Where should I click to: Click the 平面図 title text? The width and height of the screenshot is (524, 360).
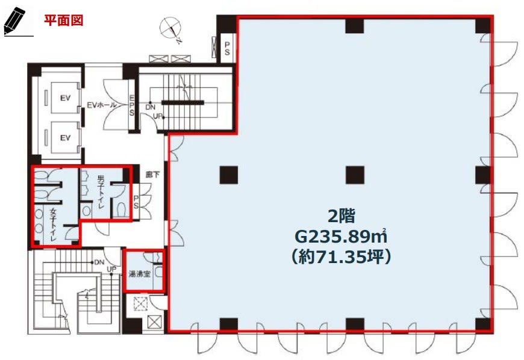tap(63, 20)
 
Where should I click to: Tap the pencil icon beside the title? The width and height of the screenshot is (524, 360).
tap(14, 20)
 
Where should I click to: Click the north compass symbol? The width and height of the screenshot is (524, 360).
tap(171, 29)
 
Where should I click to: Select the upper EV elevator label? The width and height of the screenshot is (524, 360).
tap(66, 98)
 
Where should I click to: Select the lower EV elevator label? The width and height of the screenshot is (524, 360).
tap(66, 138)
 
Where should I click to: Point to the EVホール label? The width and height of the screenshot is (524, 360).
tap(102, 105)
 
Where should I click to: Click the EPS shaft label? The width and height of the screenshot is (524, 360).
tap(132, 105)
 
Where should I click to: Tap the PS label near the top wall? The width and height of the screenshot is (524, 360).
tap(227, 48)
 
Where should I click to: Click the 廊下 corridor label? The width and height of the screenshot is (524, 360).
tap(152, 174)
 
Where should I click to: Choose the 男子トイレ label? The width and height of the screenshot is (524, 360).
tap(101, 193)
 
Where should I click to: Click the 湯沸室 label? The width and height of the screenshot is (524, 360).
tap(139, 273)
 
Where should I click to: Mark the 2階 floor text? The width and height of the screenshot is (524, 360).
tap(341, 216)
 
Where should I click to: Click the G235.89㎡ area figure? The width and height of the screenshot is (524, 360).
tap(340, 237)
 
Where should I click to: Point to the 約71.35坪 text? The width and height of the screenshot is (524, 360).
tap(341, 257)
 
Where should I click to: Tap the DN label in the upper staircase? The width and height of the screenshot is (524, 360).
tap(151, 107)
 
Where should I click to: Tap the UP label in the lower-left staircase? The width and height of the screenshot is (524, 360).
tap(111, 269)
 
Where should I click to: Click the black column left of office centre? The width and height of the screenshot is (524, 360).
tap(229, 175)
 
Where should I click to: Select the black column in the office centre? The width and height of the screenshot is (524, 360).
tap(355, 175)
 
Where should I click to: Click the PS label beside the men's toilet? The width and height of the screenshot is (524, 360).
tap(136, 202)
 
